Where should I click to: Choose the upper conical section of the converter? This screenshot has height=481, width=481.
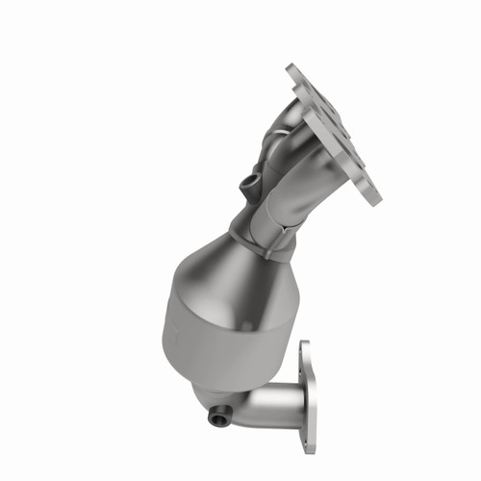tap(216, 269)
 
